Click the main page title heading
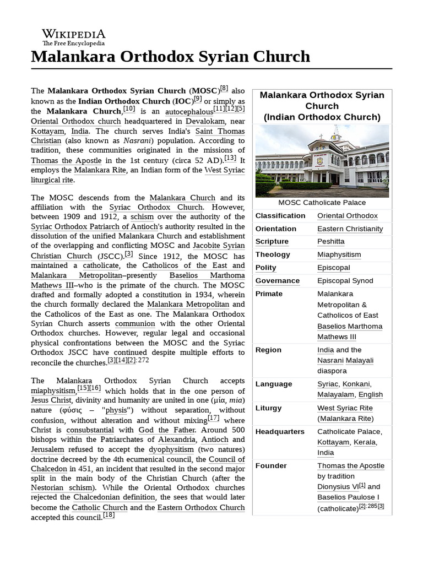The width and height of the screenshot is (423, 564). click(x=171, y=56)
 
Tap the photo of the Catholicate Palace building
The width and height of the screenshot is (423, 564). click(x=322, y=160)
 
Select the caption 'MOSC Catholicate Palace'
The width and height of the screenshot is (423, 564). click(x=322, y=202)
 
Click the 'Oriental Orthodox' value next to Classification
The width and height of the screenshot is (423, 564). click(x=347, y=215)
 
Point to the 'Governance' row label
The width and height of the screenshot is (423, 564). click(x=278, y=280)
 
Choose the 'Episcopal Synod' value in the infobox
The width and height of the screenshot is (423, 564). click(x=345, y=280)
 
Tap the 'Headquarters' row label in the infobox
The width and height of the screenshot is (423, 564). click(x=279, y=431)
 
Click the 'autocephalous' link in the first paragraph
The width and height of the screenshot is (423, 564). click(x=183, y=112)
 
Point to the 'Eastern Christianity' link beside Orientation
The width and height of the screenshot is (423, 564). click(x=350, y=229)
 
